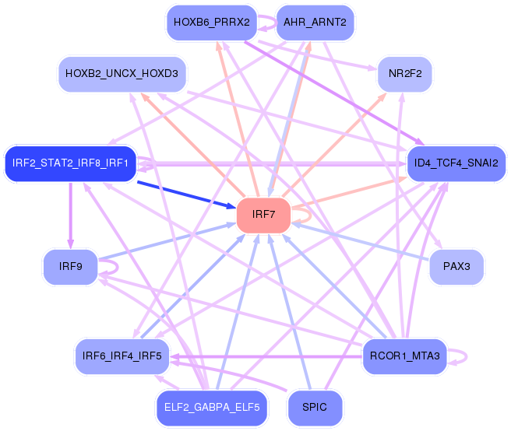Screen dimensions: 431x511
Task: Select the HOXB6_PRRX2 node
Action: click(x=211, y=22)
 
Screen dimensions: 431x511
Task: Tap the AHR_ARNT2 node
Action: click(x=315, y=22)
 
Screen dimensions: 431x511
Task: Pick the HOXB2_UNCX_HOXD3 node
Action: click(x=122, y=74)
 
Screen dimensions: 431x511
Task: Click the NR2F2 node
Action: click(x=404, y=74)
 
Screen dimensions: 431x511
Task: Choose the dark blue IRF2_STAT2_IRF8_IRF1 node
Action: click(x=71, y=163)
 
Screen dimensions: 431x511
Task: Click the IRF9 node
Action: click(x=70, y=267)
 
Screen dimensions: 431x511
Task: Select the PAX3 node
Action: click(x=456, y=267)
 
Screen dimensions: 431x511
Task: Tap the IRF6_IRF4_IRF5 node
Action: click(x=122, y=356)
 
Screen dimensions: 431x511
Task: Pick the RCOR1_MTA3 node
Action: click(x=404, y=356)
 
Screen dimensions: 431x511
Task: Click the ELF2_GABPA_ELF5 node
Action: click(x=211, y=407)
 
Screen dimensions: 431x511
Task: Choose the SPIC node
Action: click(x=315, y=407)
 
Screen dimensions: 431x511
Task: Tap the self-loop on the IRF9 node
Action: click(x=115, y=267)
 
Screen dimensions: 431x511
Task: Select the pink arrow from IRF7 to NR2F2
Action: click(x=335, y=140)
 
